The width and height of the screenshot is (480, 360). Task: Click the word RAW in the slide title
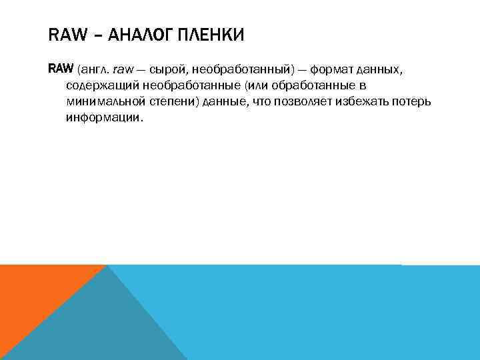point(65,35)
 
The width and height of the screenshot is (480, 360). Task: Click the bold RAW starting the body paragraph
point(61,69)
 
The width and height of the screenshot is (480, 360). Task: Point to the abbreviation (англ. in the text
point(93,70)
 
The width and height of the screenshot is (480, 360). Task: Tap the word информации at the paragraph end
point(103,117)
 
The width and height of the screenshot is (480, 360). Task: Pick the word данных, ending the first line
point(379,70)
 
